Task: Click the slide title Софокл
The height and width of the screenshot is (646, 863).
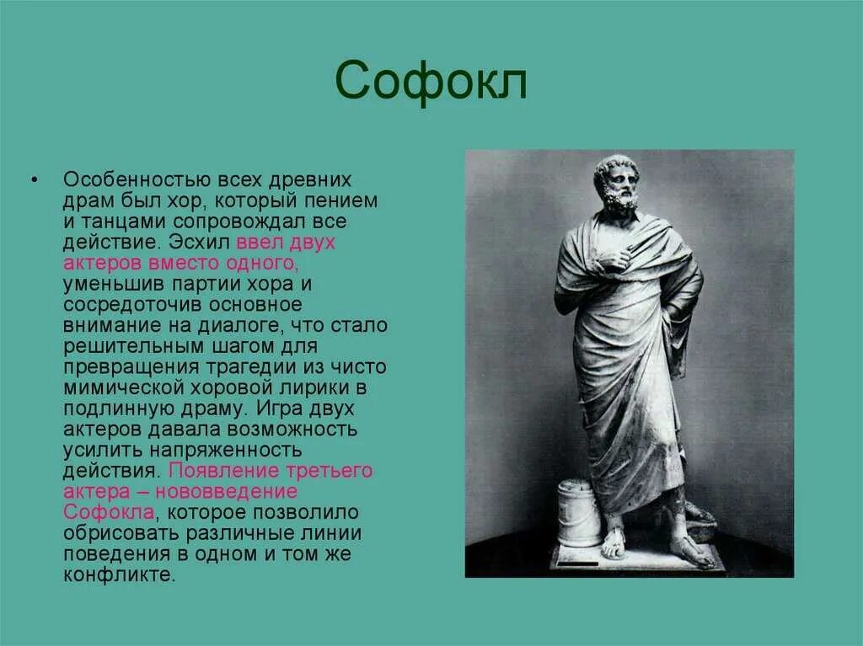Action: point(431,82)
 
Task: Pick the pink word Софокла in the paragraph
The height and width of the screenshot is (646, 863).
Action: point(108,512)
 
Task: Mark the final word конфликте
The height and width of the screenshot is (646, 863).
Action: point(119,574)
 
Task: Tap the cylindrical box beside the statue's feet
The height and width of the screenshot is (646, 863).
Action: point(580,513)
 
